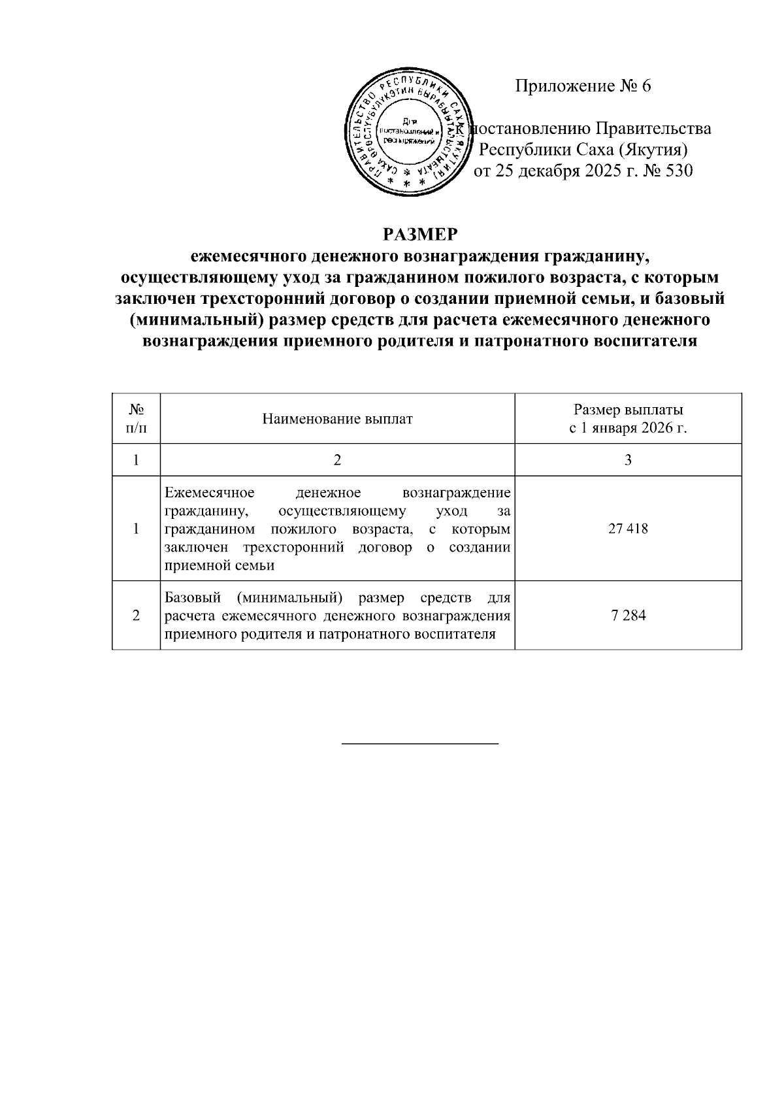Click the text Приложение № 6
tap(583, 86)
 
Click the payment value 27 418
tap(628, 529)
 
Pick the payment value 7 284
tap(628, 616)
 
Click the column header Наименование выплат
tap(337, 420)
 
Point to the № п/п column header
tap(136, 419)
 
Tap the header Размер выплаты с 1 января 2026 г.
tap(628, 420)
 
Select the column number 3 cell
tap(628, 460)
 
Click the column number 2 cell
tap(337, 460)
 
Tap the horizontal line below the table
tap(420, 744)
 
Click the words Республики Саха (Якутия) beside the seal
tap(583, 150)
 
